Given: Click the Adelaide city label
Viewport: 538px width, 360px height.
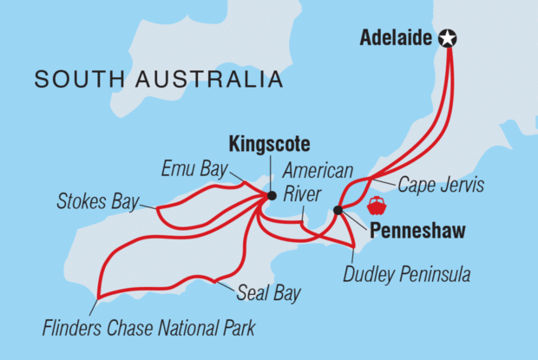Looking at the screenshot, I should (x=397, y=39).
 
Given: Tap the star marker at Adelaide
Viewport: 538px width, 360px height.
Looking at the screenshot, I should (x=448, y=38).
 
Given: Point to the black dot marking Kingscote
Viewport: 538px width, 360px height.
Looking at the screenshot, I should (x=272, y=196).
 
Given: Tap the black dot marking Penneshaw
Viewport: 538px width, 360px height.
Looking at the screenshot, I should (x=338, y=210).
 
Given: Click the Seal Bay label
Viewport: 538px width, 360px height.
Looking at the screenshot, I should (x=268, y=293).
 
